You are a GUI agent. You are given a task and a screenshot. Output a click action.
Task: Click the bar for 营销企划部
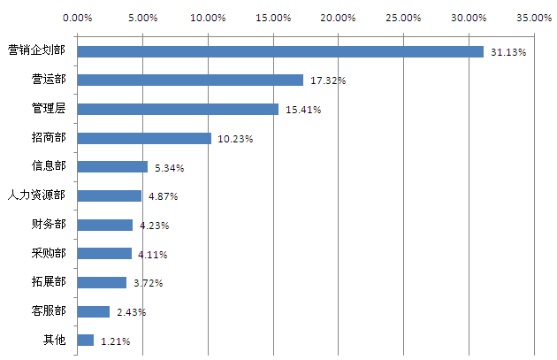point(280,51)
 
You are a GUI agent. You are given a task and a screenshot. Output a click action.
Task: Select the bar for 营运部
point(190,80)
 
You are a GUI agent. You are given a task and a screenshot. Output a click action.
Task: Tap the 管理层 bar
point(178,109)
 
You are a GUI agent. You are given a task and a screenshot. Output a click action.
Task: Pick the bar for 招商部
point(144,138)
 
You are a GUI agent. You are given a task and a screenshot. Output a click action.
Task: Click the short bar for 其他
point(86,340)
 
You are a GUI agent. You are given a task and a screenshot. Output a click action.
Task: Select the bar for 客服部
point(94,311)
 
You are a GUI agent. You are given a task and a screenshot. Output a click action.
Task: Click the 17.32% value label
point(328,80)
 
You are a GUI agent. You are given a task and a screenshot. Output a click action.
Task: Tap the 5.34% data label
point(170,167)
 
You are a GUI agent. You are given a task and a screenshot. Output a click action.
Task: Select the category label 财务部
point(48,225)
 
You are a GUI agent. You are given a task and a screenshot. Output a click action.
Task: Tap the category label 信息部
point(48,166)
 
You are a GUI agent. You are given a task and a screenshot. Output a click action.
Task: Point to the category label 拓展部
point(48,282)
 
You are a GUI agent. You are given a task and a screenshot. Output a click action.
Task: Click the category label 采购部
point(48,254)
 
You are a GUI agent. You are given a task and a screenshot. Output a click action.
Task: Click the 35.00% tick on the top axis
point(534,17)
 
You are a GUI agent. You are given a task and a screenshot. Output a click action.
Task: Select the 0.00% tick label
point(78,17)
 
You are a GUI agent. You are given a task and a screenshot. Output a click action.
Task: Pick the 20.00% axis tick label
point(339,17)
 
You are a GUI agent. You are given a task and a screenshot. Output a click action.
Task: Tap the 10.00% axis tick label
point(209,17)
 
